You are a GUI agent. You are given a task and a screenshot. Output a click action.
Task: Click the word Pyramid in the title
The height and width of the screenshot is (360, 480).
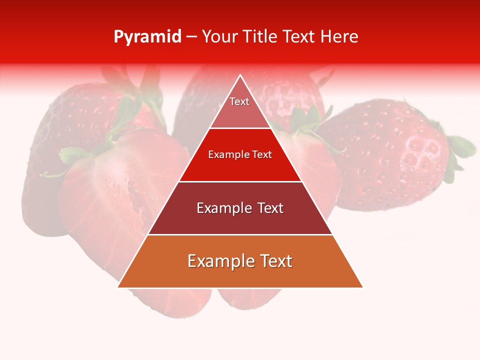click(x=147, y=37)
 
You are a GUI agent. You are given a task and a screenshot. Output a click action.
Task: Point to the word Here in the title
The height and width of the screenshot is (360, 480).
click(x=339, y=37)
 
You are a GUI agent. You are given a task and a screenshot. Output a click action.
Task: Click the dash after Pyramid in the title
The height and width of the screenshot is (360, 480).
click(x=191, y=37)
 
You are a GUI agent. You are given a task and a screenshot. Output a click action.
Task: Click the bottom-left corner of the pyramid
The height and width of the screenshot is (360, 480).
click(x=119, y=287)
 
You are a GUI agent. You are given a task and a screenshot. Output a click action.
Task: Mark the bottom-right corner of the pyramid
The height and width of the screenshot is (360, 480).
click(x=362, y=287)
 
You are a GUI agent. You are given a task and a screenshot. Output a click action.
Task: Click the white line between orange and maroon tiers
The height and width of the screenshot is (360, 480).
click(x=240, y=234)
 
